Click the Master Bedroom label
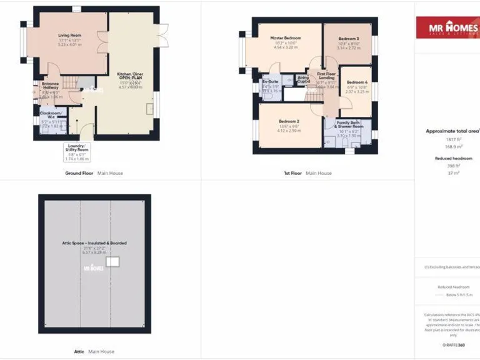tap(286, 38)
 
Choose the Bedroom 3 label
tap(349, 39)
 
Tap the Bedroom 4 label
tap(357, 82)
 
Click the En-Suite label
tap(269, 81)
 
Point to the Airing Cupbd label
tap(304, 80)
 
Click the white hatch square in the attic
tap(112, 262)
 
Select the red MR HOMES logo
tap(447, 27)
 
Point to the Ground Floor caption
tap(79, 173)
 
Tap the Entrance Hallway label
tap(50, 86)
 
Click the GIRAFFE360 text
tap(453, 345)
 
